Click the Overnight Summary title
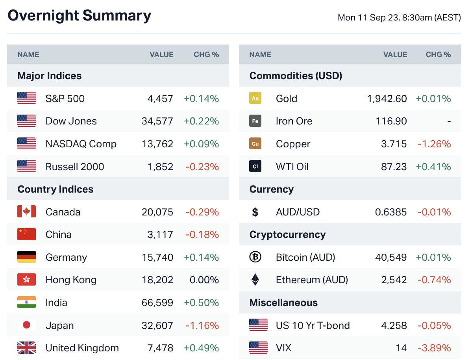click(79, 16)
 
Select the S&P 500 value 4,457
click(160, 98)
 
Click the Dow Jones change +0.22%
click(201, 121)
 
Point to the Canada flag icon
click(26, 212)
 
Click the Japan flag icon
click(26, 325)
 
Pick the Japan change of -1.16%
click(202, 325)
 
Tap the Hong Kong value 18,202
click(157, 280)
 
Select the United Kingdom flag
click(26, 348)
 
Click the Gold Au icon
click(255, 98)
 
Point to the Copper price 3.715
click(394, 144)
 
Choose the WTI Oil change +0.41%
click(433, 167)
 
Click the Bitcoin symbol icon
click(255, 257)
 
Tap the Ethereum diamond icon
click(255, 280)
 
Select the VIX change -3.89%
click(434, 348)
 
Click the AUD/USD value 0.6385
click(391, 212)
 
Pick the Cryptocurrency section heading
click(287, 235)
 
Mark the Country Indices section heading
click(56, 189)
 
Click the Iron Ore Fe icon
click(255, 121)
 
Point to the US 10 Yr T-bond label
click(313, 325)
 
